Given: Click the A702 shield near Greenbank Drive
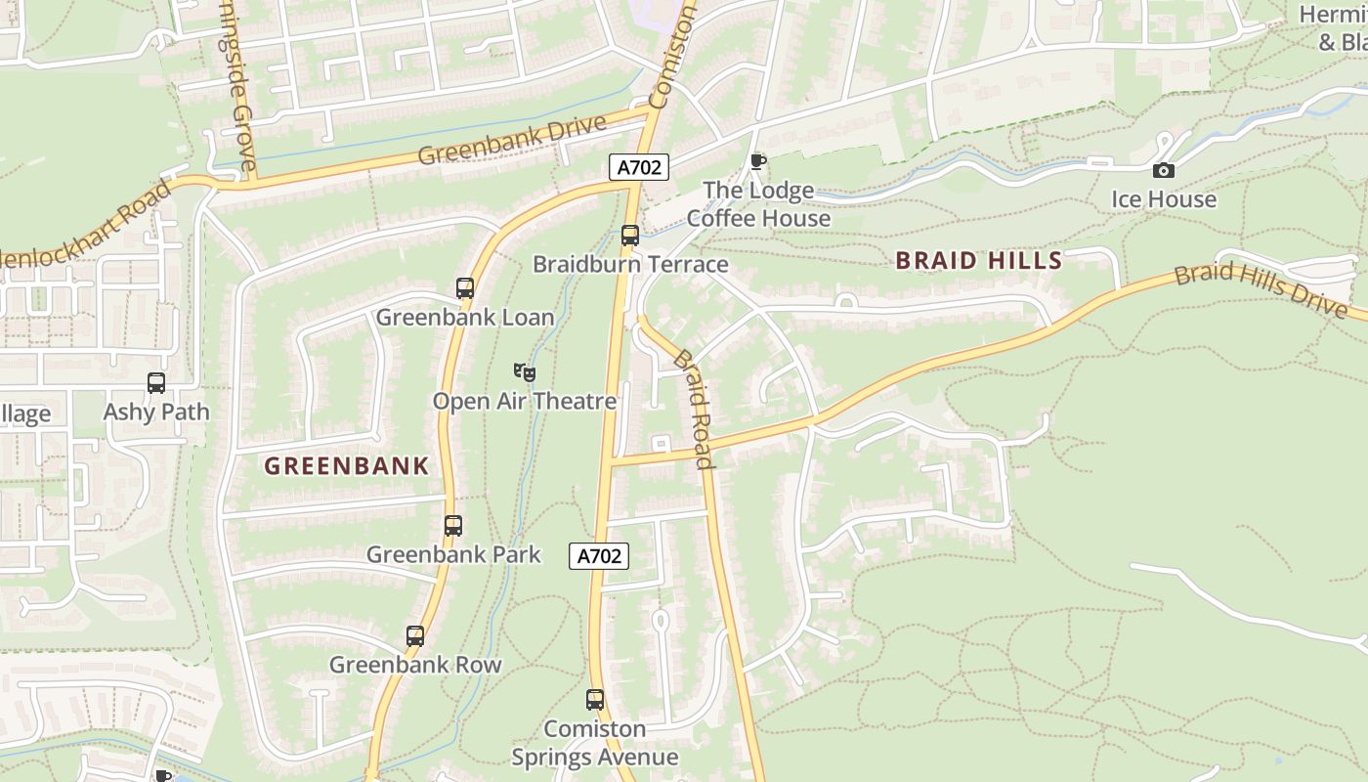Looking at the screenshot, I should coord(640,168).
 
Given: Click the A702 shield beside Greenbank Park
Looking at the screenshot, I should coord(598,556).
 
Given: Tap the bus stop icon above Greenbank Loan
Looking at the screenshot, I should coord(465,288).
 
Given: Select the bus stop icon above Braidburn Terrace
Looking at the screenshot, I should coord(630,236).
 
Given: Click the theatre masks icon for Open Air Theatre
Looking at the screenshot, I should coord(525,371).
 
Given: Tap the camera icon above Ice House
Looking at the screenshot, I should coord(1163,171).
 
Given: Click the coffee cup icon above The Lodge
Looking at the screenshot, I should coord(757,161).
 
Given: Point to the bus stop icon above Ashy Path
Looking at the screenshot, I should coord(156,383).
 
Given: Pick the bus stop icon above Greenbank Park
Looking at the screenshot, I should coord(453,526).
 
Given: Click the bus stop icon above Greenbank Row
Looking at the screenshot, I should coord(415,636).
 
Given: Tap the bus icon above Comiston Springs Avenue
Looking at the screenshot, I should coord(595,700).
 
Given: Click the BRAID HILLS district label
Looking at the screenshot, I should coord(978,260).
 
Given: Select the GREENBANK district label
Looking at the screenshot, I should coord(347,466).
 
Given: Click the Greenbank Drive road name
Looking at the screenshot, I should coord(512,141).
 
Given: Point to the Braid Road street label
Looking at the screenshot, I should coord(693,408).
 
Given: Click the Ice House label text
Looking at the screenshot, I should coord(1164,199).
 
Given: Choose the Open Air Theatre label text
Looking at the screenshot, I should coord(525,401).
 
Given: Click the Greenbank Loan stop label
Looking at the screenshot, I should coord(465,318).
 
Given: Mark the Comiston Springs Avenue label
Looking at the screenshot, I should coord(595,743).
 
